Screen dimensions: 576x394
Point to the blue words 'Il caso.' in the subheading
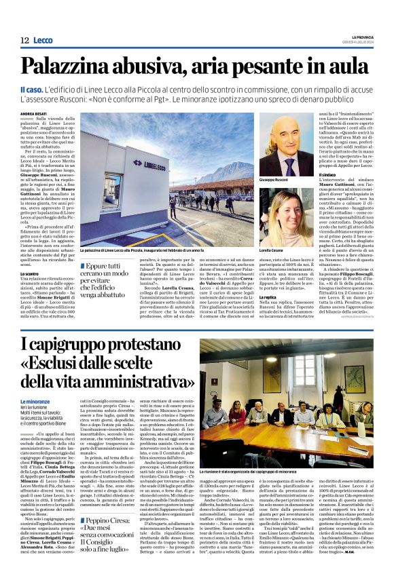tap(31, 90)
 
